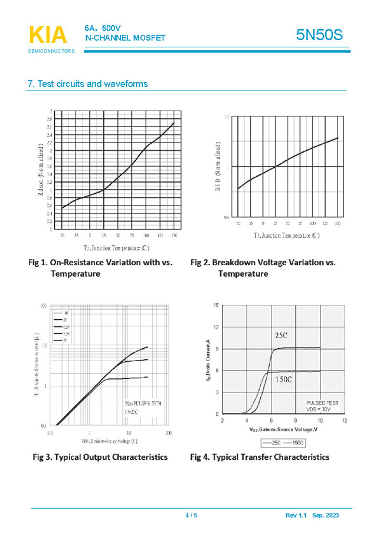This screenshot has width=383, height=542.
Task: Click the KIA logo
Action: [x=48, y=35]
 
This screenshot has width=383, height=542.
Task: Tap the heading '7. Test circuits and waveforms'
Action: [x=88, y=84]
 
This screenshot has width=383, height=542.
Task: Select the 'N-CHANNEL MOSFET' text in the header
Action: [x=125, y=38]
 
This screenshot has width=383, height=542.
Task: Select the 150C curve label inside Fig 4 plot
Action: [x=283, y=379]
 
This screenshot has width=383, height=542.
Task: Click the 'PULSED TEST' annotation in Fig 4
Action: [x=322, y=403]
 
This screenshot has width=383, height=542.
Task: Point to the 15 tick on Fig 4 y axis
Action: [x=217, y=306]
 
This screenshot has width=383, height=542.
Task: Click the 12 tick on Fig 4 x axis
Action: [x=344, y=421]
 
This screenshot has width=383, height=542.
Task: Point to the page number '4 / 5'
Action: [x=191, y=516]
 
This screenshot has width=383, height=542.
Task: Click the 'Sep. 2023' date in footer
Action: [x=326, y=516]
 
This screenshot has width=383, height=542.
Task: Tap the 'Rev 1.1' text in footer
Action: [x=296, y=516]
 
